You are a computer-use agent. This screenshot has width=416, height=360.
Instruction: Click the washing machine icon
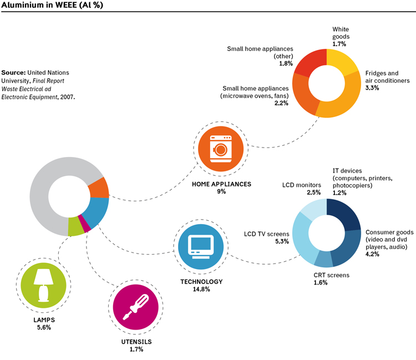click(221, 149)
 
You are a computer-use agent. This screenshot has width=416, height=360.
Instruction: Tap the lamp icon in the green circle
click(43, 285)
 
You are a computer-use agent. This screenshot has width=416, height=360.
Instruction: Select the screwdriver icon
click(135, 307)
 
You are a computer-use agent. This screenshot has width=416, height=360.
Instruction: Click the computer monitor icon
click(201, 247)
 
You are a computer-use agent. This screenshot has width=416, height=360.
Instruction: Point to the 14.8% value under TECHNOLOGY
click(201, 289)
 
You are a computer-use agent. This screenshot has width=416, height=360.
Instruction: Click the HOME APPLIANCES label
click(221, 184)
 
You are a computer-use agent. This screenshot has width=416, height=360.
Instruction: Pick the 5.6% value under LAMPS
click(44, 327)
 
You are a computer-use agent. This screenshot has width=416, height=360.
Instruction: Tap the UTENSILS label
click(136, 342)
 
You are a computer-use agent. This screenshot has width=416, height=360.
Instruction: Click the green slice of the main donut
click(75, 227)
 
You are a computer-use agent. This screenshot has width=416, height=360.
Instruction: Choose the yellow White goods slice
click(341, 62)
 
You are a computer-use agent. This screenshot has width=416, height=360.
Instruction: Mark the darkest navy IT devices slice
click(343, 214)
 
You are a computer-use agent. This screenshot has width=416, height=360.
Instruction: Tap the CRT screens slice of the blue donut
click(324, 258)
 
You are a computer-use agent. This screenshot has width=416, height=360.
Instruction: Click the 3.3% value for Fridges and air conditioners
click(372, 88)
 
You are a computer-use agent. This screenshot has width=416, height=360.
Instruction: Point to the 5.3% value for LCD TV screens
click(282, 241)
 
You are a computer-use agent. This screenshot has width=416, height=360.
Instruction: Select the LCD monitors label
click(301, 185)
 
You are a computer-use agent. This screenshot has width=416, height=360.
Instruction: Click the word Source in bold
click(13, 73)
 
